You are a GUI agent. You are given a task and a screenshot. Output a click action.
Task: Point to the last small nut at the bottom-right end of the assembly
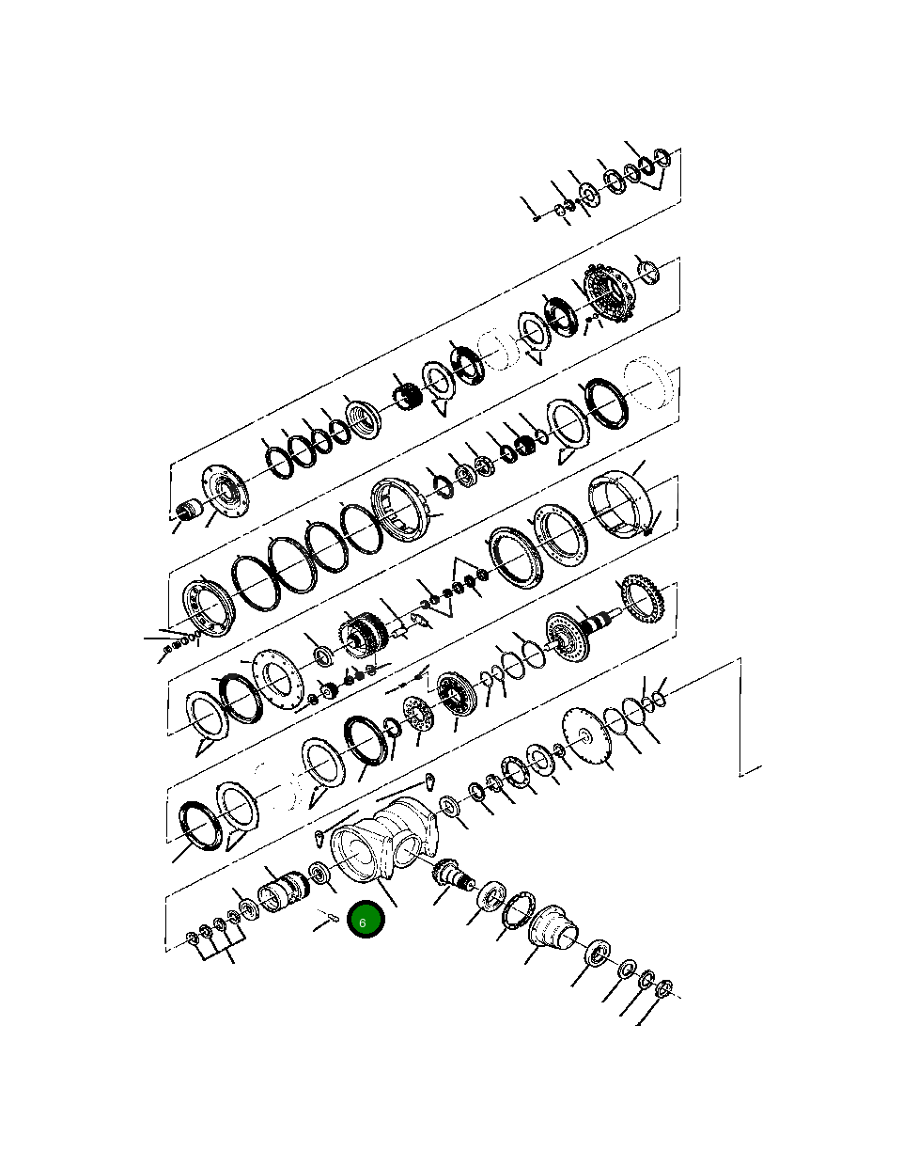point(663,988)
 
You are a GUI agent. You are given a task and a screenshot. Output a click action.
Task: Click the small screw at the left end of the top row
point(535,216)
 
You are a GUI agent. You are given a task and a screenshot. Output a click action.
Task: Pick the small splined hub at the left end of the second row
point(189,512)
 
